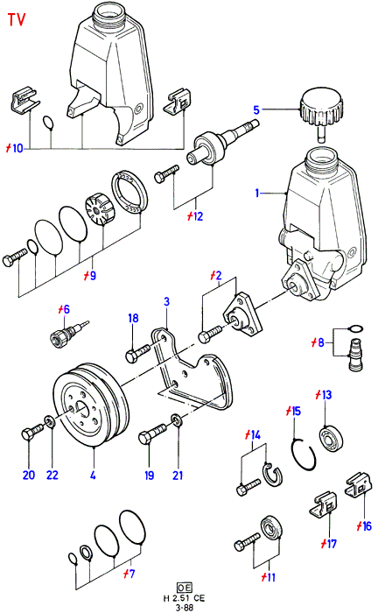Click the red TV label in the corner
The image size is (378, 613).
pos(17,19)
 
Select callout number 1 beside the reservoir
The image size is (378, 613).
pos(257,194)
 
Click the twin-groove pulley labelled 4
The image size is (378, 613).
pos(91,405)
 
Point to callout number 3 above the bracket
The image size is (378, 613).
pos(167,302)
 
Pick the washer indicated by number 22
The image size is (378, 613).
pos(50,422)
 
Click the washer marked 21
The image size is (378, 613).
pos(176,421)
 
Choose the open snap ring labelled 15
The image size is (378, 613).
pos(304,454)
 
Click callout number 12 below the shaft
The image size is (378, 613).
pos(195,216)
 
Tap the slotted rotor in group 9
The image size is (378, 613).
pos(99,210)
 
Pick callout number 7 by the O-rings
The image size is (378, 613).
pos(129,574)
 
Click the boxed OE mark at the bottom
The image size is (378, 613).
pos(185,588)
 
